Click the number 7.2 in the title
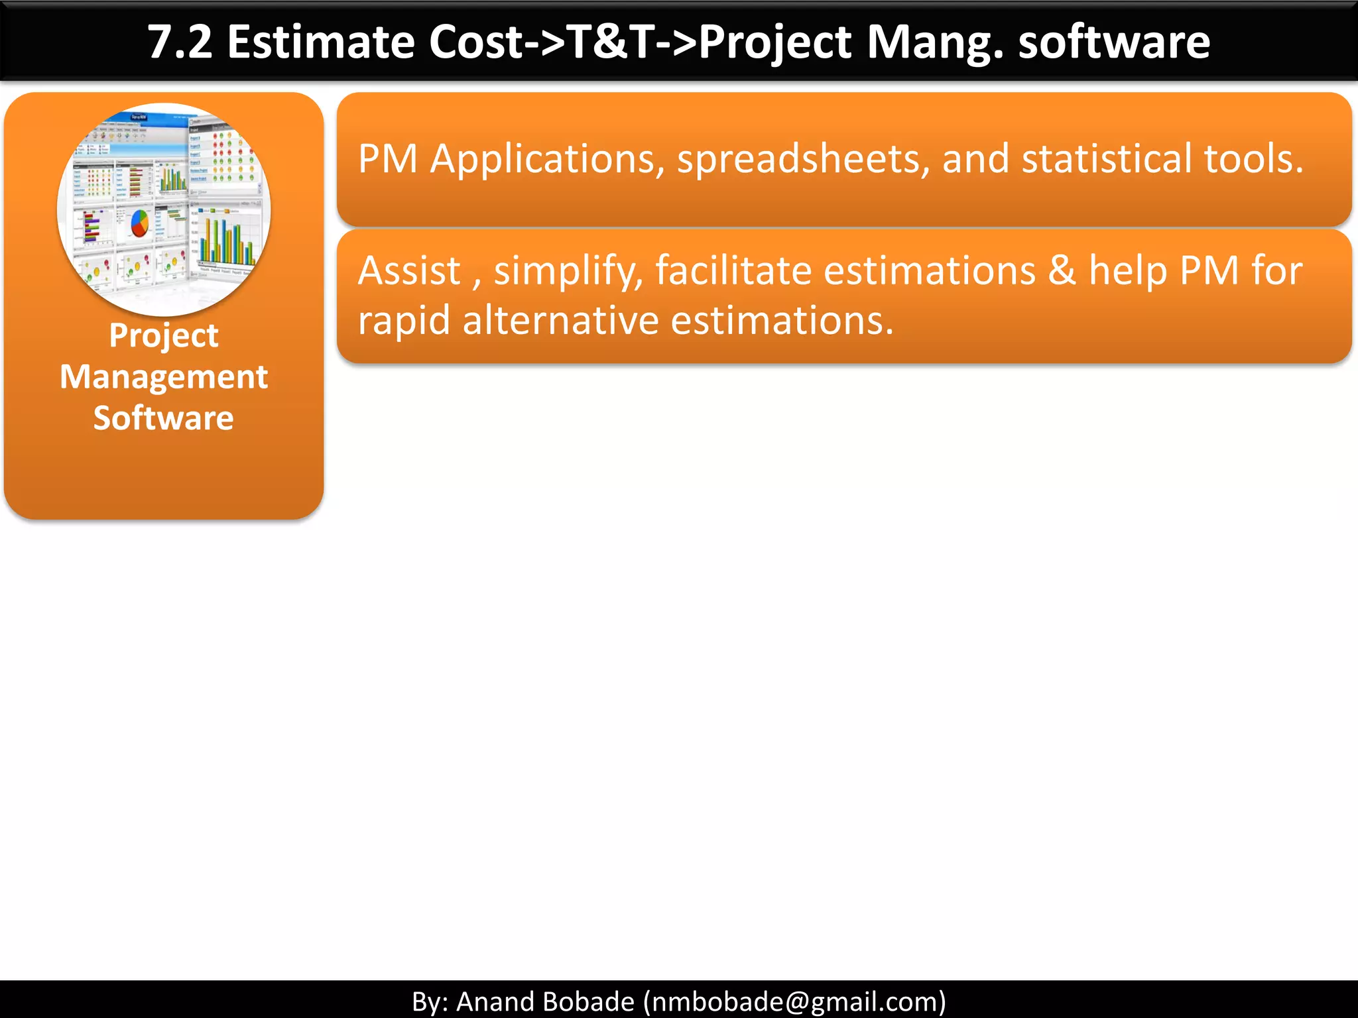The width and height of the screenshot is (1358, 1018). point(180,42)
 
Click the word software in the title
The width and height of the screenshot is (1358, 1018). point(1113,42)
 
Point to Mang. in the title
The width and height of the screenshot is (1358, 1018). point(934,42)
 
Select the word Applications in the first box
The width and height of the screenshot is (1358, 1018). point(547,160)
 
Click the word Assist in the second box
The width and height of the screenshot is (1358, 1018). point(409,271)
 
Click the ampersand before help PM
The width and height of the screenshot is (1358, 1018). point(1062,271)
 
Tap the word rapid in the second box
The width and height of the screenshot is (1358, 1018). point(404,321)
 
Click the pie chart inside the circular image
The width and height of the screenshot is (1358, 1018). point(139,223)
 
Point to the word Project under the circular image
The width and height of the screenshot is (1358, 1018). point(164,335)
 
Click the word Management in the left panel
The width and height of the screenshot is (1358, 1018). point(164,377)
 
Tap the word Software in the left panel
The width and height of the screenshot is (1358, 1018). point(164,418)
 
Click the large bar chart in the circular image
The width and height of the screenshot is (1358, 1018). point(225,240)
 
